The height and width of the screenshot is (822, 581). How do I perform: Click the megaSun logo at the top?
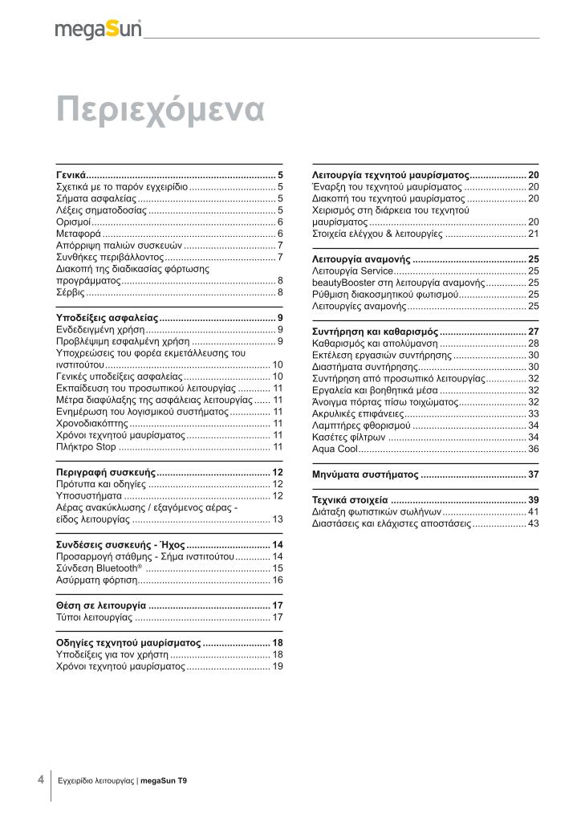[99, 30]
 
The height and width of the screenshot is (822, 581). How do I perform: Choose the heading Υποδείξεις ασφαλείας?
[107, 319]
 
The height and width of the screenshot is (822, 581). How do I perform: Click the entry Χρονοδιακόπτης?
[92, 422]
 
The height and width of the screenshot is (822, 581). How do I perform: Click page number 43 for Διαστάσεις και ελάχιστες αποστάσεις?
[533, 523]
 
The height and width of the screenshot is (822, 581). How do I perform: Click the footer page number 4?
[40, 779]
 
